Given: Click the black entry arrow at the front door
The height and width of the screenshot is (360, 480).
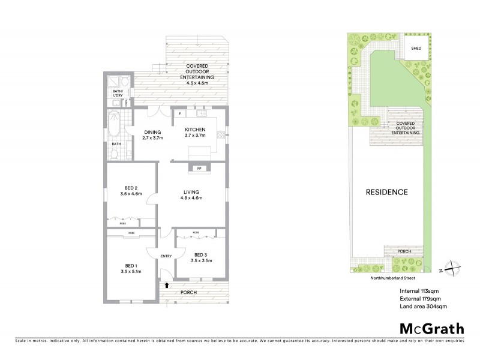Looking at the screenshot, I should (x=167, y=286).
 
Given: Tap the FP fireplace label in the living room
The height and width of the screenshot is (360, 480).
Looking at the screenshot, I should (x=199, y=169).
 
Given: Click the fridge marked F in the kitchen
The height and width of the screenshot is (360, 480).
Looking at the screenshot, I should (x=179, y=113).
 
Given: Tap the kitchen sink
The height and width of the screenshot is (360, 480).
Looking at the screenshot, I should (x=200, y=113).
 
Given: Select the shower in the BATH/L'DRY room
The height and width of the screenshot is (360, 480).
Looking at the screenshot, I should (x=113, y=82).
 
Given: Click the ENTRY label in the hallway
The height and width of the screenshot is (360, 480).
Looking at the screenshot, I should (x=166, y=256).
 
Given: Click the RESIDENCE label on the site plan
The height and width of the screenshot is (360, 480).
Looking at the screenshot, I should (x=387, y=193).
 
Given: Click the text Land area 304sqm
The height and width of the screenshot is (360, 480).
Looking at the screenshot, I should (x=424, y=307).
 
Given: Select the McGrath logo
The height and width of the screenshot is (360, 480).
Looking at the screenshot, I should (x=431, y=328).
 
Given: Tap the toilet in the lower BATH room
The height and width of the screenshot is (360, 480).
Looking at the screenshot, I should (x=130, y=154).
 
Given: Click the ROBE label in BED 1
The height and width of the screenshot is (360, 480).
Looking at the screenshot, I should (x=131, y=232).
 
